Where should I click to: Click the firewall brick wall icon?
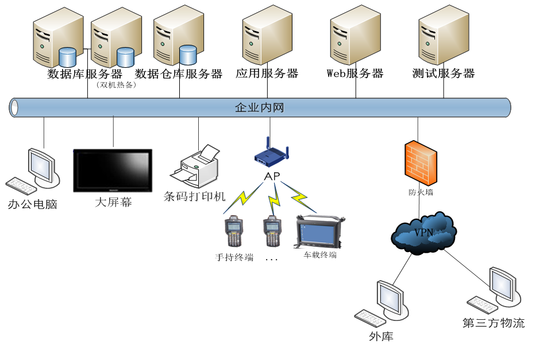[420, 162]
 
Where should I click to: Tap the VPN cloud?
[424, 233]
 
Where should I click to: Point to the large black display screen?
[113, 171]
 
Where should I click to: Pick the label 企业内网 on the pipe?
[259, 107]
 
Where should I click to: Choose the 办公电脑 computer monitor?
[44, 167]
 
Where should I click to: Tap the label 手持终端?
[234, 257]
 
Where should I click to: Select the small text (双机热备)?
[117, 85]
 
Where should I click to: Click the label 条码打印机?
[195, 196]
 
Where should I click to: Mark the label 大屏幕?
[113, 202]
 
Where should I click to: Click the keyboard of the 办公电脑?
[21, 185]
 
